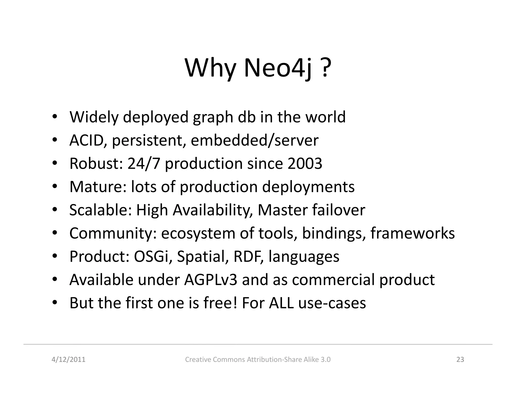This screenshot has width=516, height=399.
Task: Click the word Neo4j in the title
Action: tap(278, 68)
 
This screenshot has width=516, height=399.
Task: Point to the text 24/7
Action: tap(144, 163)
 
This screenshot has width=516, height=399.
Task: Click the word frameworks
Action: tap(412, 233)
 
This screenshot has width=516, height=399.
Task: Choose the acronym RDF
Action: tap(248, 256)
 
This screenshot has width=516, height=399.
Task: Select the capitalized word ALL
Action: tap(281, 303)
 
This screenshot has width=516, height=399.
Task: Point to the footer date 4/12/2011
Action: tap(68, 359)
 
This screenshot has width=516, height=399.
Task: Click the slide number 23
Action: tap(460, 359)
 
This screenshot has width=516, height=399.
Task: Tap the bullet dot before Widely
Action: tap(54, 117)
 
